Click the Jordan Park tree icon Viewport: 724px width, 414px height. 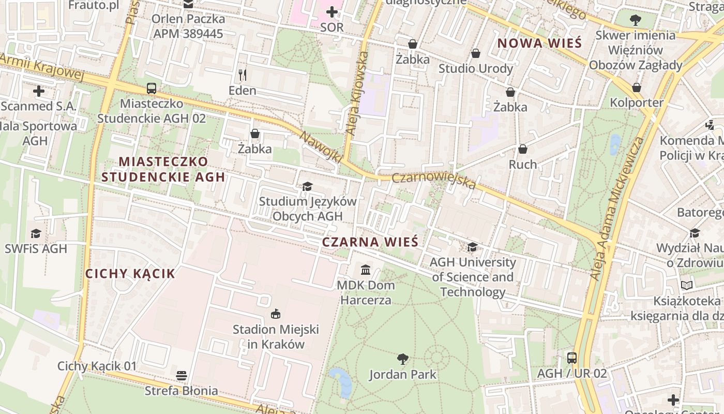pos(402,359)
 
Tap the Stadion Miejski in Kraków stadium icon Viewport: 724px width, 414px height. pos(276,314)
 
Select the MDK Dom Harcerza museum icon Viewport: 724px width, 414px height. pos(366,270)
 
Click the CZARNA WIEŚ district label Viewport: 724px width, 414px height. pos(370,242)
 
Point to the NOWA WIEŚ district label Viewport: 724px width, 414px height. pos(539,43)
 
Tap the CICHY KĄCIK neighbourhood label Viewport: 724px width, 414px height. pos(130,274)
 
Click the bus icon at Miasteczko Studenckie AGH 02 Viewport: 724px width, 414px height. pos(151,88)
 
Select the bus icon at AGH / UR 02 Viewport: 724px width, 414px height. pos(572,358)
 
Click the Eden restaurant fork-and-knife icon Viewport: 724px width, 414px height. pos(242,75)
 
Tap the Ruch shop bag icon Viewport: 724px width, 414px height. pos(523,149)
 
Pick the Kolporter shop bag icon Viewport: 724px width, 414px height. pos(637,87)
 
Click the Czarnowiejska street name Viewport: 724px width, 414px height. pos(434,181)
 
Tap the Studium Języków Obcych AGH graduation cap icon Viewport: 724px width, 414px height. pos(307,186)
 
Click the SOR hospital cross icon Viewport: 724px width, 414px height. pos(331,11)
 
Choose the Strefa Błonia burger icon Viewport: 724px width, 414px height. pos(181,375)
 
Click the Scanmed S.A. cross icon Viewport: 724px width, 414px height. pos(38,91)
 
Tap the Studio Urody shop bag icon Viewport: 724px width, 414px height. pos(475,53)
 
